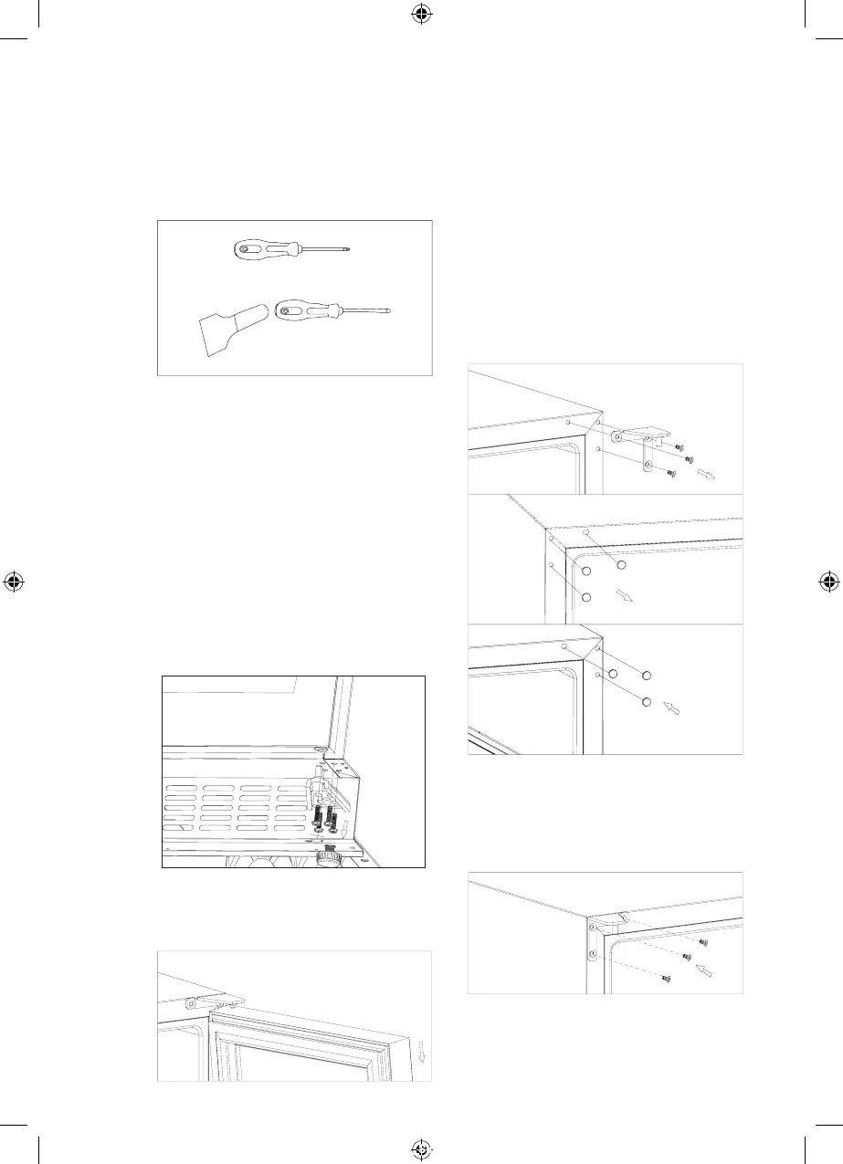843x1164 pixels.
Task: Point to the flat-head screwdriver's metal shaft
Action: [361, 311]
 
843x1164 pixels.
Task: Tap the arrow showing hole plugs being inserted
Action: [672, 708]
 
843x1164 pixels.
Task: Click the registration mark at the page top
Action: [421, 13]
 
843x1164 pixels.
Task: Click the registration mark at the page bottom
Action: [421, 1149]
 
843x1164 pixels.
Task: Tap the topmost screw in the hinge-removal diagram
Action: [678, 446]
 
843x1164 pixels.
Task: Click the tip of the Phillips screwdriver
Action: [349, 249]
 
